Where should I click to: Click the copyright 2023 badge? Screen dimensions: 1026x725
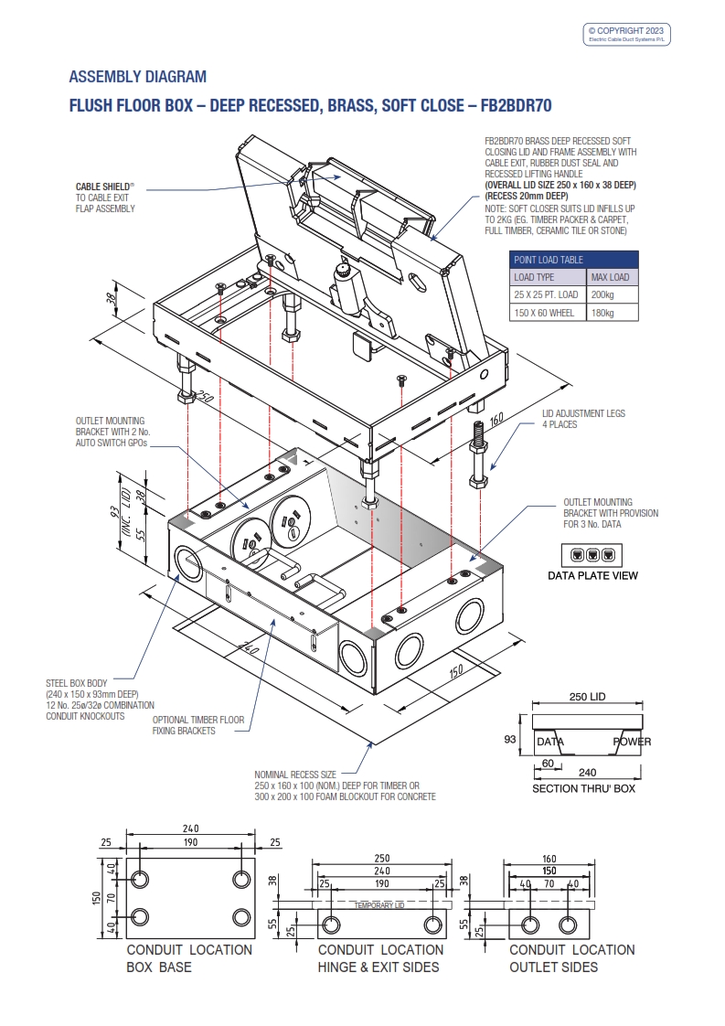[x=627, y=34]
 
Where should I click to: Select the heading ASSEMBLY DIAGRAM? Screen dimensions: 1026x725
[x=138, y=77]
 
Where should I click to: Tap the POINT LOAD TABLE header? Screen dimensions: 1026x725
[x=549, y=260]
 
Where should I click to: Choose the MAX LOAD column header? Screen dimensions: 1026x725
[x=610, y=277]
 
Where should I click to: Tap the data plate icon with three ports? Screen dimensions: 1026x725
[x=592, y=554]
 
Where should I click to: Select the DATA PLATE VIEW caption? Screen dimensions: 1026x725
[x=592, y=575]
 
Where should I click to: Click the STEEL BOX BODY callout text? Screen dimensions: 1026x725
[x=100, y=700]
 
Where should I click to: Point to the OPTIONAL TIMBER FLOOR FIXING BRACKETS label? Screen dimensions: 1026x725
[x=198, y=725]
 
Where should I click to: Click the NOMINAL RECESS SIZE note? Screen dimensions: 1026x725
[x=344, y=786]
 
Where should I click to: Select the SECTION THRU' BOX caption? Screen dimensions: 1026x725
[x=584, y=788]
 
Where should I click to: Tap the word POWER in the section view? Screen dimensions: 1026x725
[x=632, y=742]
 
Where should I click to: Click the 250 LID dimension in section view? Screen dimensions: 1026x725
[x=587, y=697]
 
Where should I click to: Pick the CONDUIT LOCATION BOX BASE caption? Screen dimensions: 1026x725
[x=189, y=958]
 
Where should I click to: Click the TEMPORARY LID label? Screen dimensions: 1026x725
[x=378, y=904]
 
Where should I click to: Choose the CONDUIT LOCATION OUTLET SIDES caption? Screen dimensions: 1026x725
[x=571, y=958]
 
